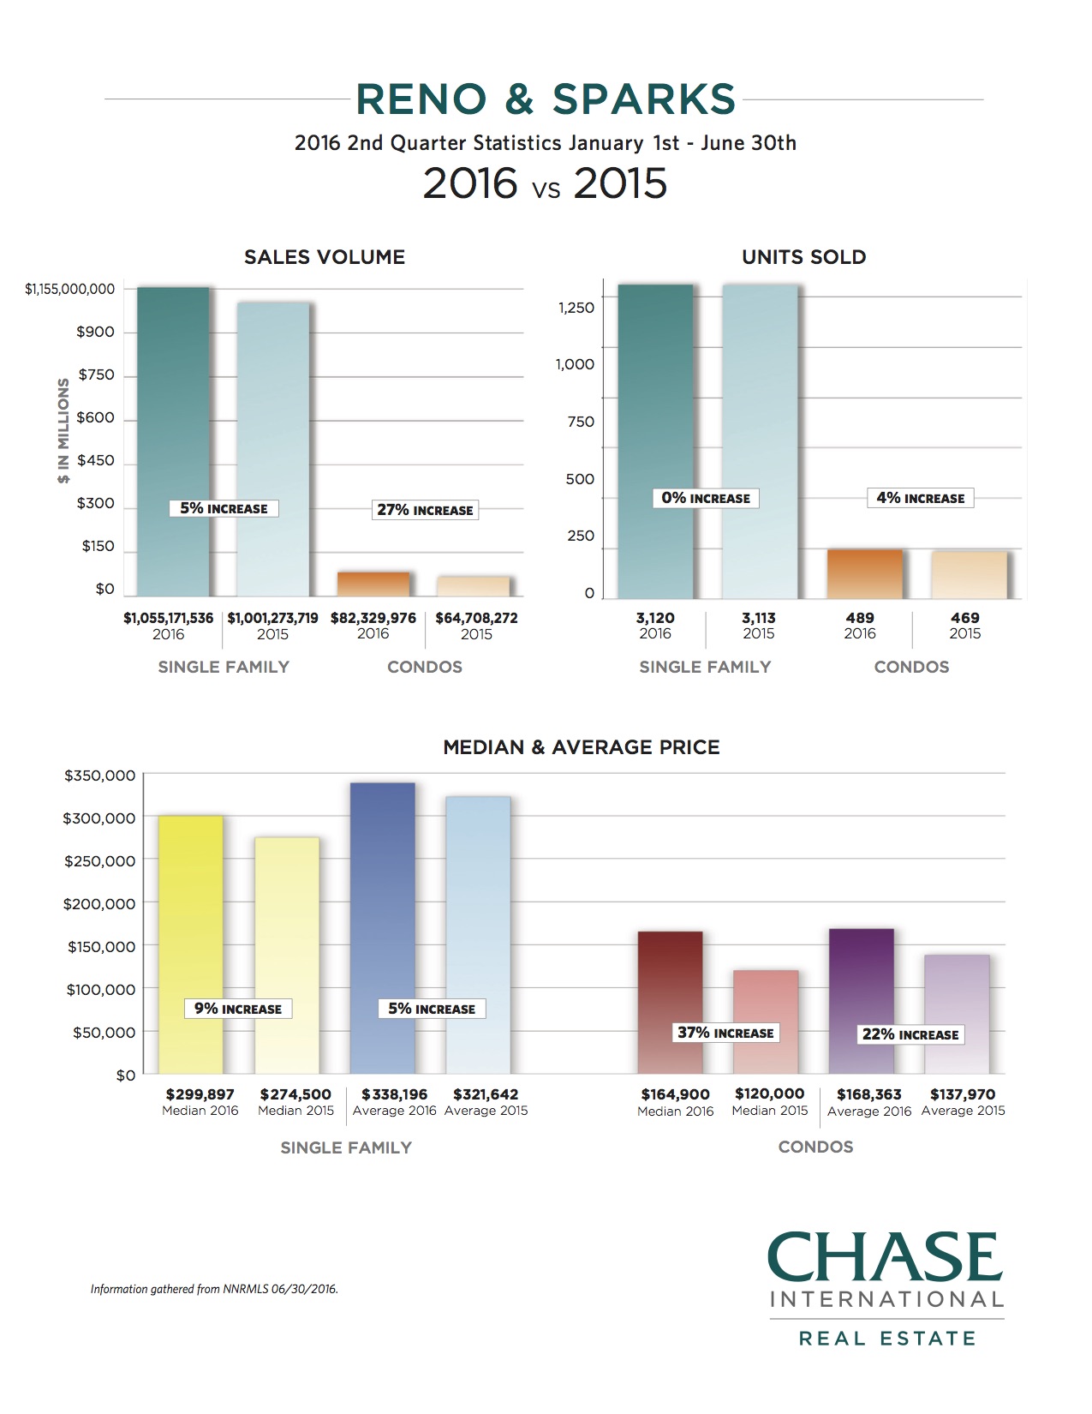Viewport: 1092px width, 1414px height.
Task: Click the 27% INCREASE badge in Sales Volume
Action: click(425, 510)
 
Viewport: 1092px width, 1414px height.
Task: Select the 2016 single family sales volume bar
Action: click(173, 411)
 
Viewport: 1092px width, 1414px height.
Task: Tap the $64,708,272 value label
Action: click(476, 618)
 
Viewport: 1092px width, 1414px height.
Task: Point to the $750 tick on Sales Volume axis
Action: click(96, 374)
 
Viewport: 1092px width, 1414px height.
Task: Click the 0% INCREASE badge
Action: click(706, 498)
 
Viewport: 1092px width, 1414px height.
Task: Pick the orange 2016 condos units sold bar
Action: click(864, 573)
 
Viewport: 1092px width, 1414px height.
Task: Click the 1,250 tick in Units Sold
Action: click(576, 308)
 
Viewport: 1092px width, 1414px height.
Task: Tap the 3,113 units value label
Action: click(759, 618)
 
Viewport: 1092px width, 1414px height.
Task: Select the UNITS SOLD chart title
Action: click(803, 257)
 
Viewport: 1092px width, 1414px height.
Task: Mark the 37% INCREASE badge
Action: click(725, 1033)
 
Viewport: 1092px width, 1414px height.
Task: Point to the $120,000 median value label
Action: click(769, 1094)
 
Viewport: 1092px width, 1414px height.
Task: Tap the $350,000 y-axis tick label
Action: click(99, 776)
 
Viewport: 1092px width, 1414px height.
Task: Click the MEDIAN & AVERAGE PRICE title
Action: click(582, 747)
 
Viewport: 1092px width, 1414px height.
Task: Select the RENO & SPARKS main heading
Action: click(546, 99)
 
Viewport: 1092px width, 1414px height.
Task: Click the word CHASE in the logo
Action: click(886, 1257)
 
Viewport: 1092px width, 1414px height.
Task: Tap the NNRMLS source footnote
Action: click(214, 1289)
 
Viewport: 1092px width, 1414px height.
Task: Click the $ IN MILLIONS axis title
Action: click(63, 430)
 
